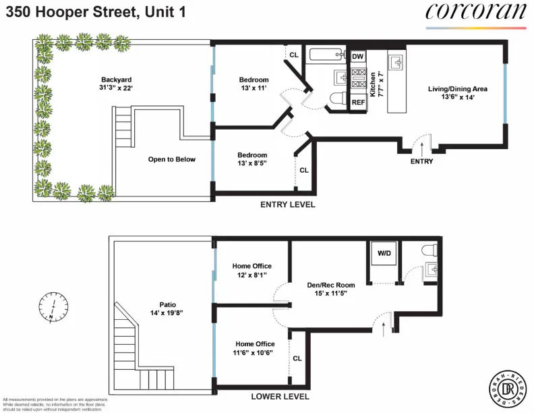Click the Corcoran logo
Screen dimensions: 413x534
475,12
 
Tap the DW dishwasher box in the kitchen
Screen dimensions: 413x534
357,57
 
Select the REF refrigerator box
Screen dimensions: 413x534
358,103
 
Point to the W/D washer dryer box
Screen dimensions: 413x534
384,254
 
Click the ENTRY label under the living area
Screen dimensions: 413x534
421,161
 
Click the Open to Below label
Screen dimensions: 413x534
171,159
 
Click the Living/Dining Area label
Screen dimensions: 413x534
458,92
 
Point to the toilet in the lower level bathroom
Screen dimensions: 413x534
428,251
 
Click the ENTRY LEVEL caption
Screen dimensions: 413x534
288,204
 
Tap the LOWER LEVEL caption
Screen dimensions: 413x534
280,397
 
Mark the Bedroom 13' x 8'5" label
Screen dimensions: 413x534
253,159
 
